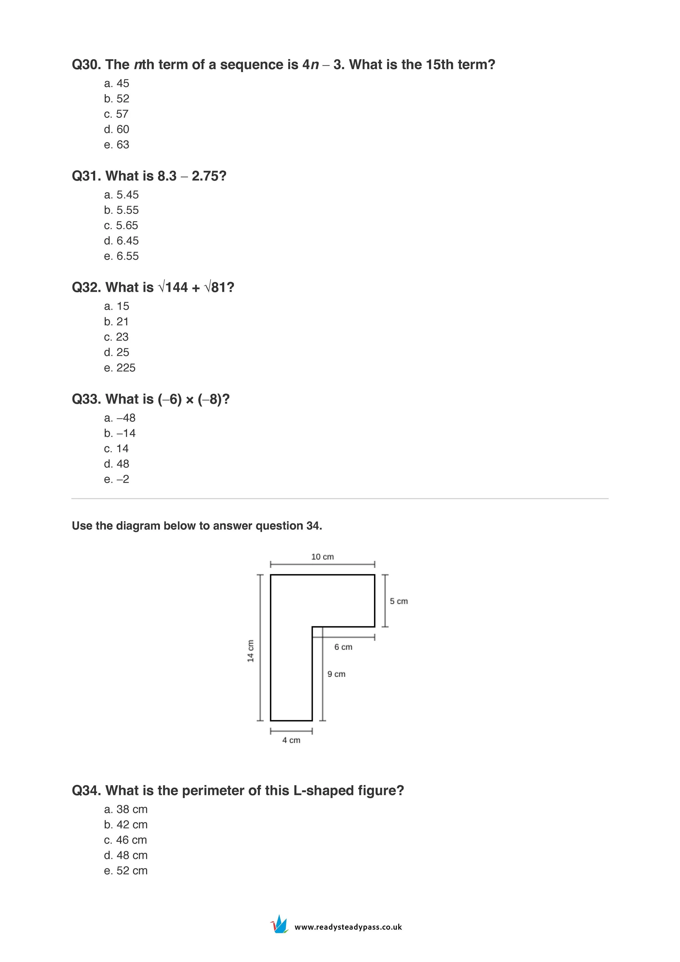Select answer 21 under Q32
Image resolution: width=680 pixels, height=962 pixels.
[122, 322]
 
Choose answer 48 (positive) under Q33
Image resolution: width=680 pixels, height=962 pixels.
[123, 464]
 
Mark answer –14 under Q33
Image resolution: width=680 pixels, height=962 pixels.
[126, 433]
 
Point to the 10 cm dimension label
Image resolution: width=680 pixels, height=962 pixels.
[322, 557]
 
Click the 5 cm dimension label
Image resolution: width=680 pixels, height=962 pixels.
[399, 601]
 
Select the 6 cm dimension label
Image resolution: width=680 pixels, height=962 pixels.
[343, 647]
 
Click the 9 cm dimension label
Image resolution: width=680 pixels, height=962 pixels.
[336, 674]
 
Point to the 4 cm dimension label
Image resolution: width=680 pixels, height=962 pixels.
[291, 740]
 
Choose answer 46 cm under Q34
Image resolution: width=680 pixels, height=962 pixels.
[131, 840]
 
